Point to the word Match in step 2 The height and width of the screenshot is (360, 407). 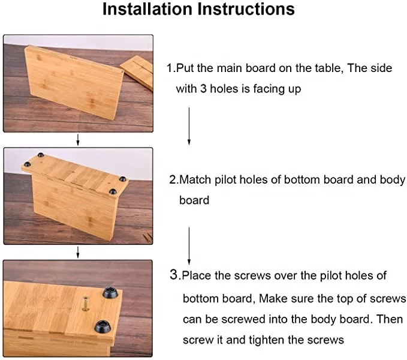tap(195, 179)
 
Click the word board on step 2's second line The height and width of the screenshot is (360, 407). tap(194, 200)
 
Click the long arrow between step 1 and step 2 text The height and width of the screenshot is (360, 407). tap(189, 126)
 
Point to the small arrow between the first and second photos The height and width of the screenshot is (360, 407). tap(77, 140)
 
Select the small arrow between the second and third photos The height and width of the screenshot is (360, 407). tap(77, 252)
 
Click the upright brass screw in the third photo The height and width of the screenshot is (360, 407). tap(85, 304)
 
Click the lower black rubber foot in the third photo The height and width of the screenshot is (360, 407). tap(102, 326)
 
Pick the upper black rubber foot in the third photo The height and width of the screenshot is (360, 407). tap(110, 292)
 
